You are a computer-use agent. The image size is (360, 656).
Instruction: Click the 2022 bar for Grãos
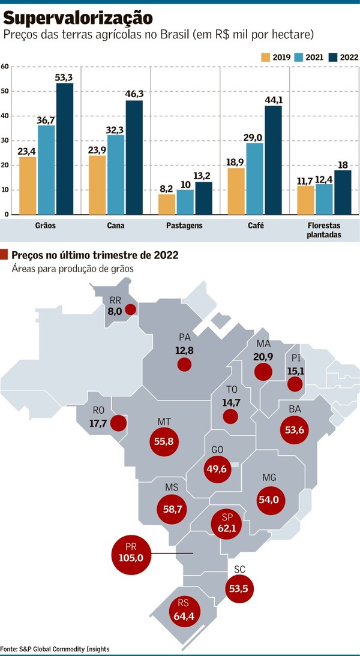click(65, 149)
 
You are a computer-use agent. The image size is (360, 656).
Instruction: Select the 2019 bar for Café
click(236, 191)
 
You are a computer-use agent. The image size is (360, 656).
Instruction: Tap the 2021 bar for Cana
click(116, 174)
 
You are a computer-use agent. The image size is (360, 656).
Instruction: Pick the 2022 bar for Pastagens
click(203, 198)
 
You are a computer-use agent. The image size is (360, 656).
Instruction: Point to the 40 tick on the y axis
click(5, 116)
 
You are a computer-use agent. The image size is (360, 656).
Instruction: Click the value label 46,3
click(134, 94)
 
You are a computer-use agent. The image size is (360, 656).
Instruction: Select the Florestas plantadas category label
click(324, 230)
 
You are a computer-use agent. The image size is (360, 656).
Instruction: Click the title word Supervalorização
click(78, 19)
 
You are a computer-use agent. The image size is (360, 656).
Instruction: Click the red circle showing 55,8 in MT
click(164, 441)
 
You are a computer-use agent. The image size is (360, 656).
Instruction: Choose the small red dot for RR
click(131, 309)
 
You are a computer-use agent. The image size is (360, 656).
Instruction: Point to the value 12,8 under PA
click(184, 351)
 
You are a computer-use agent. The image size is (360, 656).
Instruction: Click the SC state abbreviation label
click(239, 569)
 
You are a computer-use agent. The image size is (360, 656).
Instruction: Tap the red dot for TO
click(230, 416)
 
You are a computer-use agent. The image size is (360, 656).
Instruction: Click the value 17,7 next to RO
click(98, 423)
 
